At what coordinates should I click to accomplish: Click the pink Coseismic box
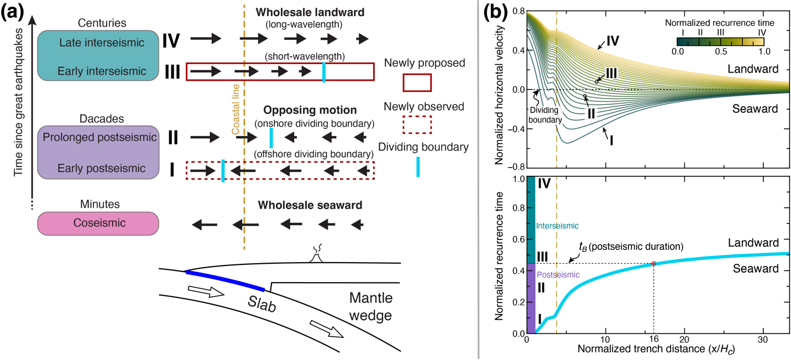pos(98,223)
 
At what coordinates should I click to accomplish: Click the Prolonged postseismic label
pos(98,137)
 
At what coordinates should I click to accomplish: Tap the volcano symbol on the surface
pos(317,256)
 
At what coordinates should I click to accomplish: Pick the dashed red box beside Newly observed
pos(416,126)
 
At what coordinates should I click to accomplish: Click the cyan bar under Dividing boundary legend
pos(418,166)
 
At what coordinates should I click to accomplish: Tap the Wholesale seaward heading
pos(310,205)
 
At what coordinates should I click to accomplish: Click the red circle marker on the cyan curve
pos(654,263)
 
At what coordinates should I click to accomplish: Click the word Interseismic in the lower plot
pos(557,226)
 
